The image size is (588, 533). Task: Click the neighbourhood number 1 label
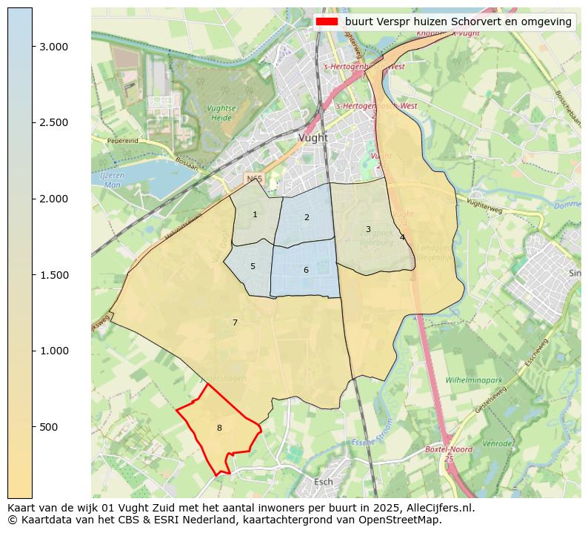(x=255, y=215)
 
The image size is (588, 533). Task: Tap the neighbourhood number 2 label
(x=307, y=218)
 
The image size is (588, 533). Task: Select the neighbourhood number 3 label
(x=368, y=230)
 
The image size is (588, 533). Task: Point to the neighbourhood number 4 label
(x=402, y=238)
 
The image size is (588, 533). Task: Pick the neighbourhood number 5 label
(x=253, y=267)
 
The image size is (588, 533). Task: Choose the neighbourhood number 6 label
(x=306, y=271)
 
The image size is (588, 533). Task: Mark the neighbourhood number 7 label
(x=235, y=323)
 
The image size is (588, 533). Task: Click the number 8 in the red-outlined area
(x=219, y=428)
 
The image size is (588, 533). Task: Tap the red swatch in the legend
(x=327, y=21)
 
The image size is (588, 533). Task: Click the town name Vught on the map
(x=313, y=138)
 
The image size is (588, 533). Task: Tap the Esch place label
(x=324, y=482)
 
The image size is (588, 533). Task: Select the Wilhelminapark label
(x=474, y=380)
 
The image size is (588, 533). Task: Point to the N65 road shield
(x=254, y=179)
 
